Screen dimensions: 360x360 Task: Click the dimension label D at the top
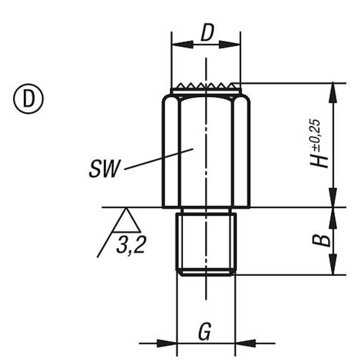[207, 34]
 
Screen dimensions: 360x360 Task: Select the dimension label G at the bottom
[205, 331]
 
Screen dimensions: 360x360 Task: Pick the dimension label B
[322, 240]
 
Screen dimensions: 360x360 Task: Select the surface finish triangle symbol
[127, 220]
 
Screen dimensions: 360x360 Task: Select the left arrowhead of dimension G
[170, 344]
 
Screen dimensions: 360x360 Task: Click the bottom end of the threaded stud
[206, 273]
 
